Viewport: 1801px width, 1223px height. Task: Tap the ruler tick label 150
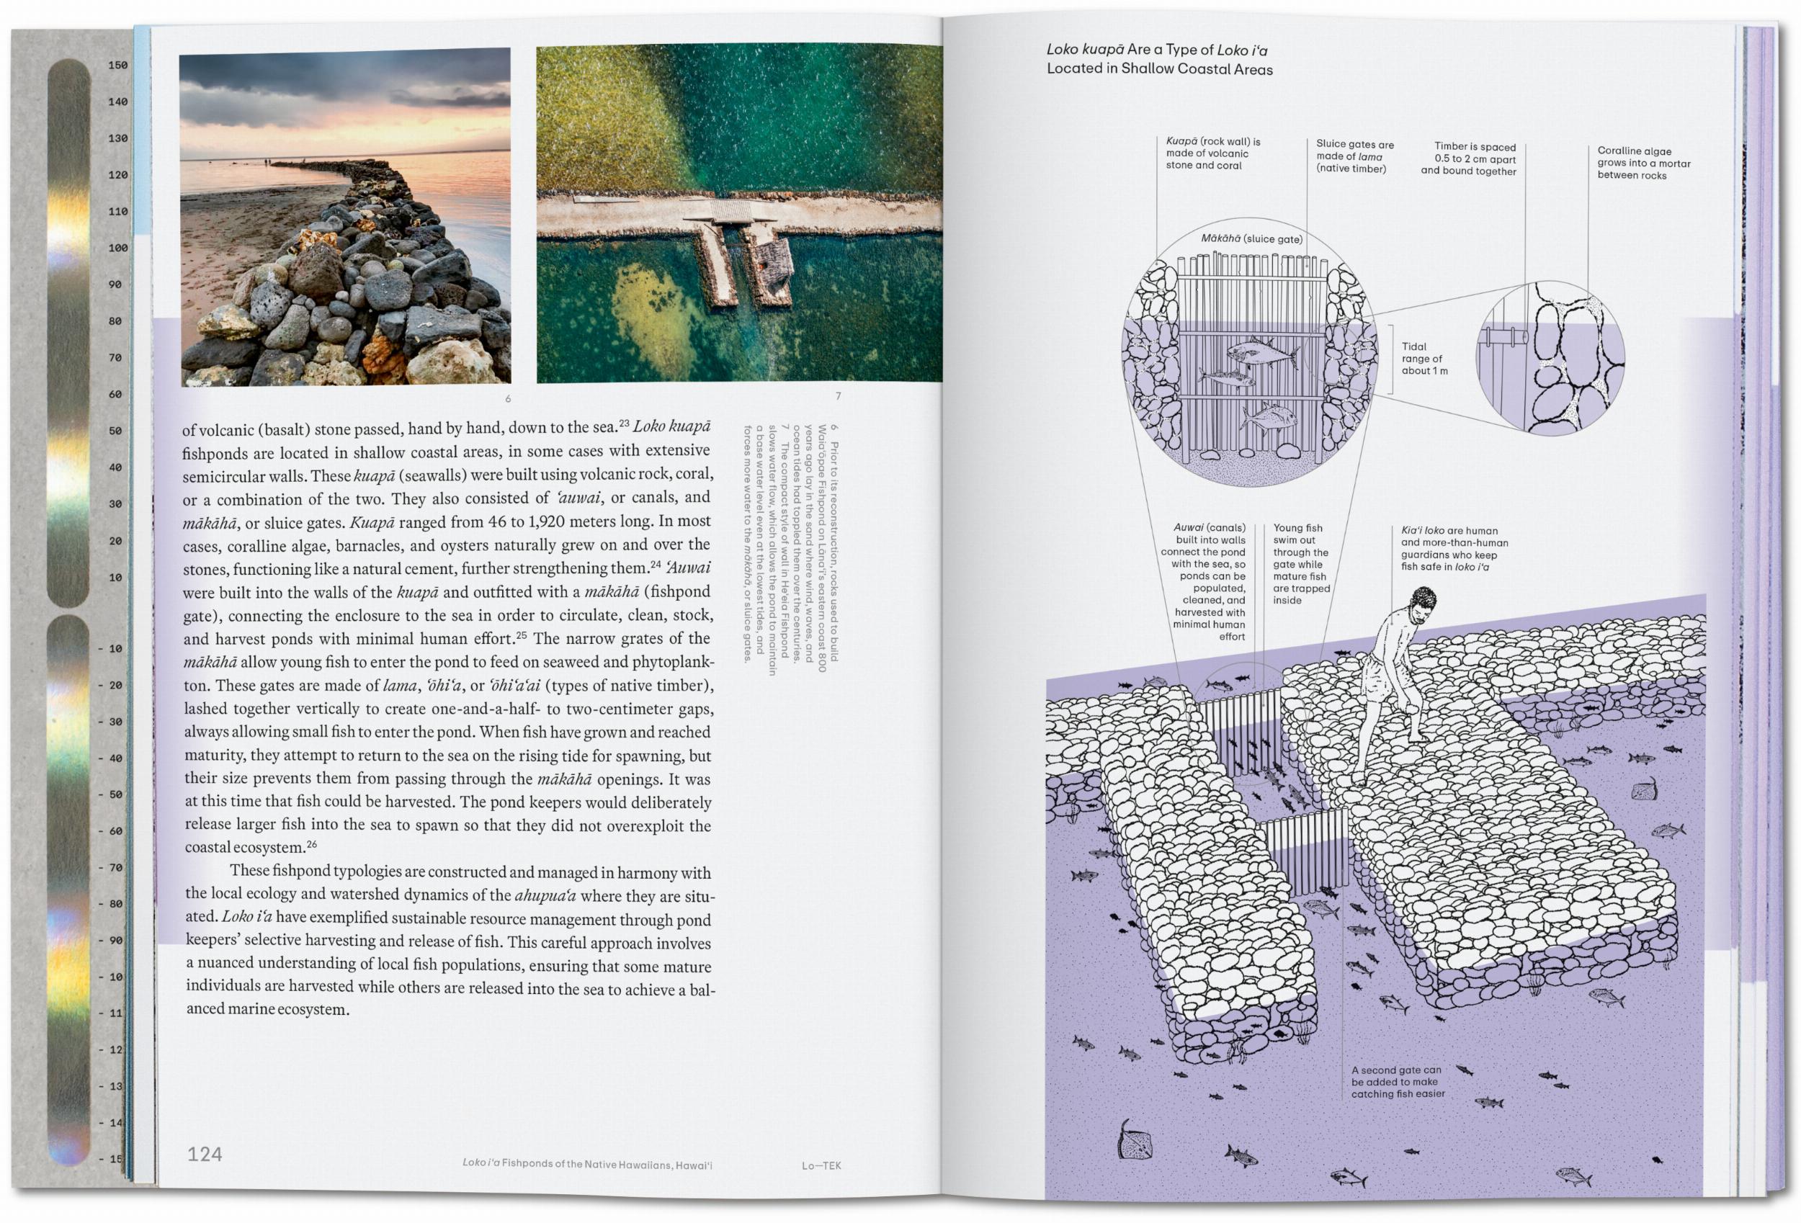tap(118, 65)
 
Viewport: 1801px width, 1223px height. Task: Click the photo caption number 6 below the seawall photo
tap(508, 398)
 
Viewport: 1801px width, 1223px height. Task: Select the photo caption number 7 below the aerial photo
tap(838, 396)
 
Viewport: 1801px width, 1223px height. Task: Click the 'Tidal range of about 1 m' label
tap(1424, 359)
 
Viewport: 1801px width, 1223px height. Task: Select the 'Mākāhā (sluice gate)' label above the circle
tap(1251, 238)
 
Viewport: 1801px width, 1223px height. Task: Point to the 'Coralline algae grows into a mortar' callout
tap(1643, 163)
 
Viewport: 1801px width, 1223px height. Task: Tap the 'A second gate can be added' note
tap(1398, 1082)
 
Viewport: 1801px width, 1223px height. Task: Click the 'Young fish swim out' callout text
tap(1300, 563)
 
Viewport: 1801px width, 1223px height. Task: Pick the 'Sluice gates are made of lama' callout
tap(1354, 156)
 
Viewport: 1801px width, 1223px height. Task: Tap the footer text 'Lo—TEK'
tap(821, 1165)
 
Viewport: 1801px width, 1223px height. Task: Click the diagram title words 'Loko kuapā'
tap(1084, 50)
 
